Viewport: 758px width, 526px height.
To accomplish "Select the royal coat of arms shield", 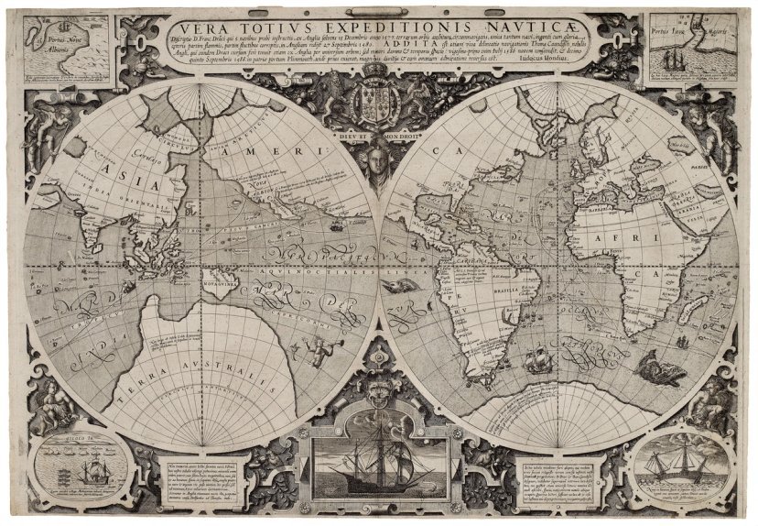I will (x=377, y=100).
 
